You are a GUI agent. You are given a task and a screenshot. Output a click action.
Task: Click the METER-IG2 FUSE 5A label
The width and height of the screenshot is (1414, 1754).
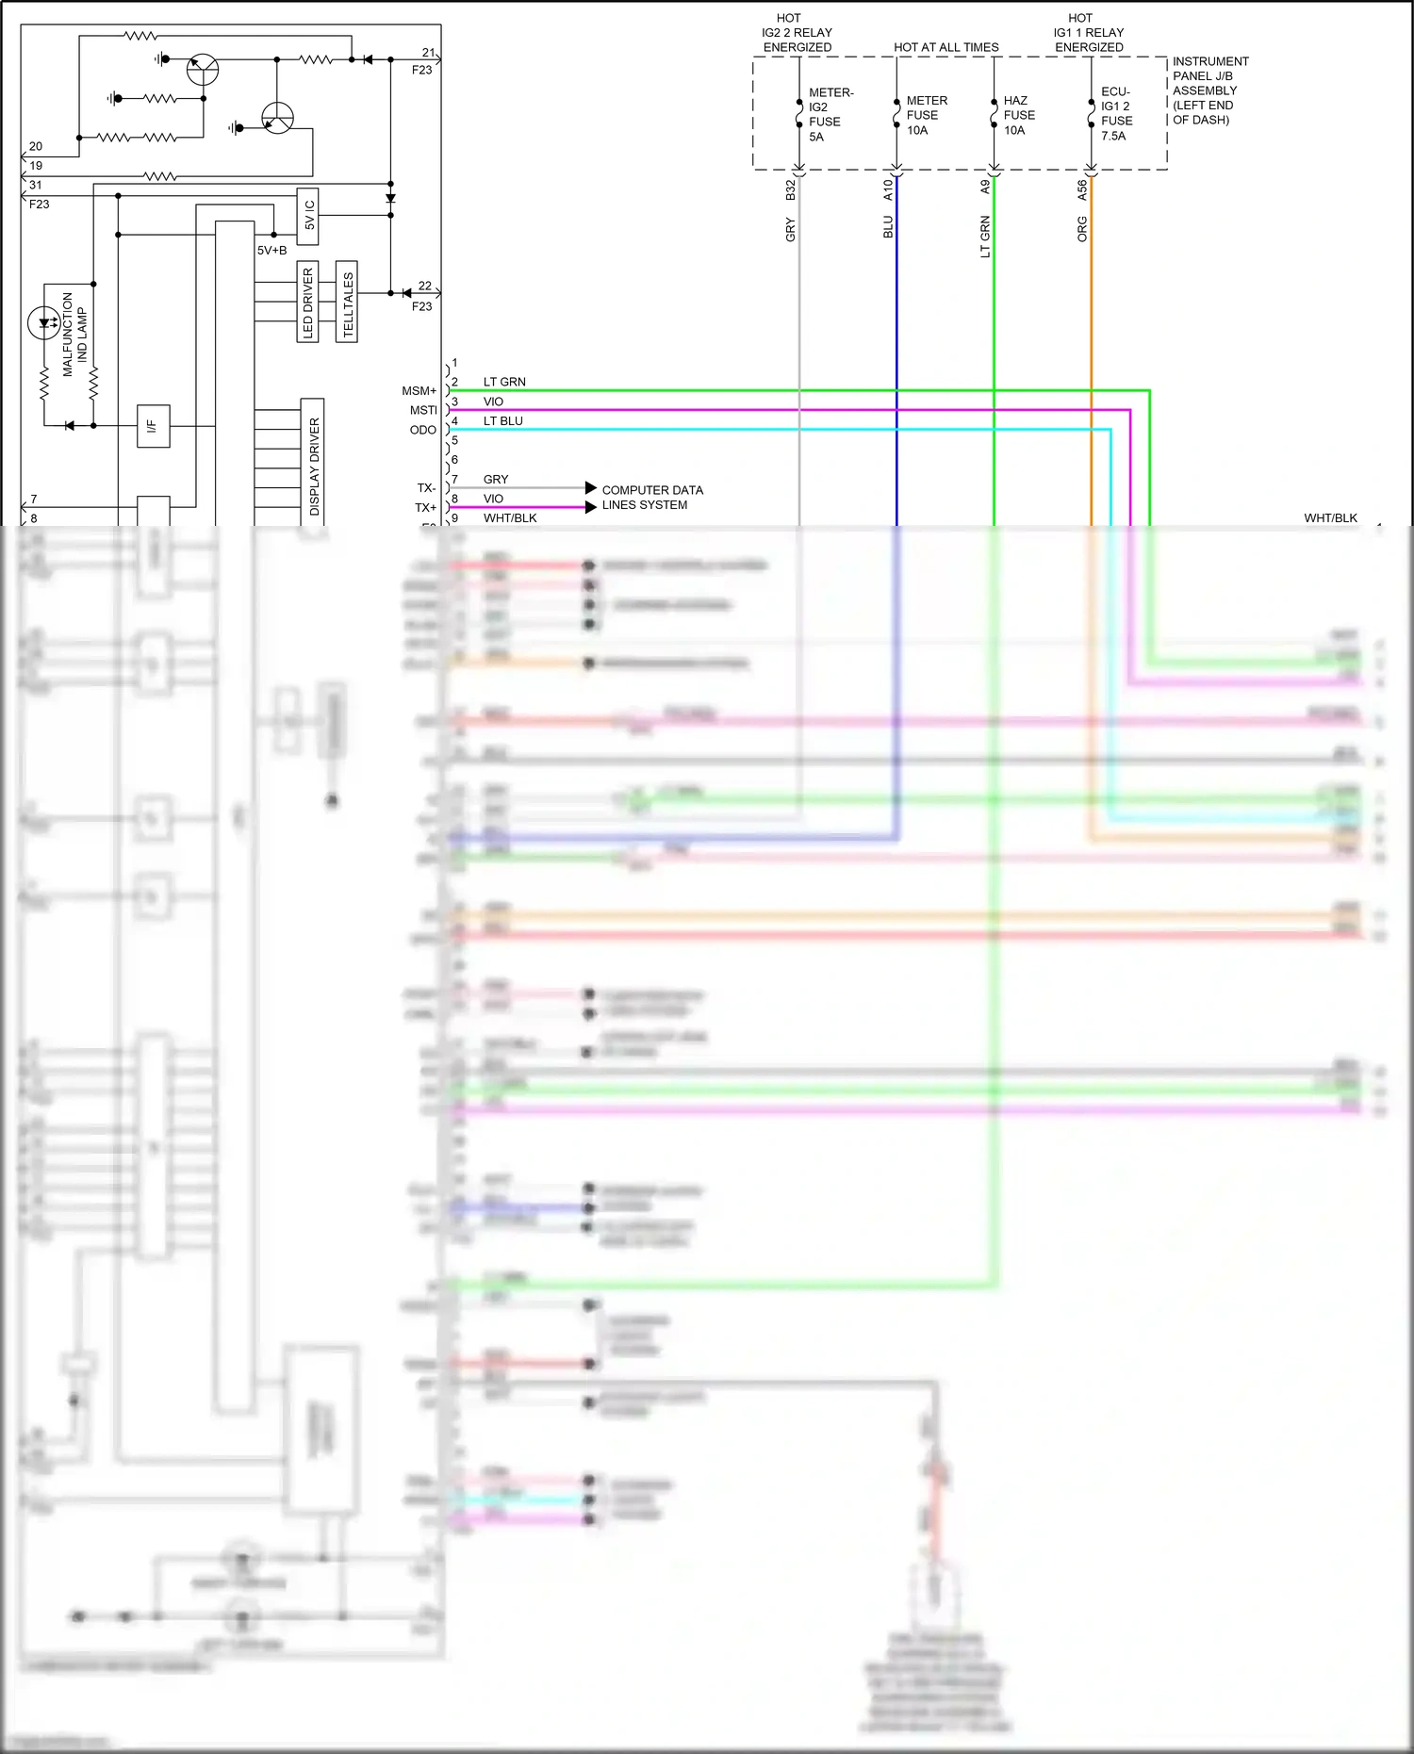click(x=830, y=114)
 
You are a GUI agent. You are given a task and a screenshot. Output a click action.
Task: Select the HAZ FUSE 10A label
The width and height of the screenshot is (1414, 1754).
click(x=1018, y=115)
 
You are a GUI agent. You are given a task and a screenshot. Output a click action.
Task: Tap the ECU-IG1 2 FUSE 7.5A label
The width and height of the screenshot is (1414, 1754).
click(x=1116, y=114)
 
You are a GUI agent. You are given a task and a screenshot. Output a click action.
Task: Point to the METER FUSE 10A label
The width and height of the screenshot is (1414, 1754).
click(x=926, y=115)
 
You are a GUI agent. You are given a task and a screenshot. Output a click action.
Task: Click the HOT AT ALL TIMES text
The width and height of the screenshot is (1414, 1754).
click(x=945, y=47)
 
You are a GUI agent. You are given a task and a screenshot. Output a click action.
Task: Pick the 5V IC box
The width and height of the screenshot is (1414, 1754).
click(x=308, y=216)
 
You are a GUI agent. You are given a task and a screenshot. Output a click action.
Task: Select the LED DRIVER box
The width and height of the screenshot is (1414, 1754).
click(x=307, y=302)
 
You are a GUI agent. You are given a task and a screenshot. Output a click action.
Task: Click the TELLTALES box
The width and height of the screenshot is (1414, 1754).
click(x=347, y=302)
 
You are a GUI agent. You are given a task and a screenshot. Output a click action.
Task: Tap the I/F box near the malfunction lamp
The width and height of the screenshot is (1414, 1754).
click(x=153, y=426)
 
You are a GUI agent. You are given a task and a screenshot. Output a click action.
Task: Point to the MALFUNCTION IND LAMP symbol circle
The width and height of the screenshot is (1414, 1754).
click(x=44, y=322)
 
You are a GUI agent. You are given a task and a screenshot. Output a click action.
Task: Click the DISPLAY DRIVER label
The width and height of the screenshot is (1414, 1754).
click(x=313, y=466)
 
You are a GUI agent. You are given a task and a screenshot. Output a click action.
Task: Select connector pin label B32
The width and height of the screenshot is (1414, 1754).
click(x=790, y=189)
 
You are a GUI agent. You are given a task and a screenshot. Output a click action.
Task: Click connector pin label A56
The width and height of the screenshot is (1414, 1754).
click(x=1081, y=189)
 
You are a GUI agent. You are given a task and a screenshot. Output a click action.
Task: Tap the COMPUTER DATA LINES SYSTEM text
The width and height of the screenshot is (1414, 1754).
click(x=651, y=498)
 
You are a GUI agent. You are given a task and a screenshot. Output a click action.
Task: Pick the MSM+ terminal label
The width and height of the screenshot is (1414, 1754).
click(x=419, y=390)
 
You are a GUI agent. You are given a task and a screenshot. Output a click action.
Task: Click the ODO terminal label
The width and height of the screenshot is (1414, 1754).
click(x=422, y=430)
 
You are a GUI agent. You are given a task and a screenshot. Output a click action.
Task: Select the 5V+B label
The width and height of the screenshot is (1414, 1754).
click(x=271, y=251)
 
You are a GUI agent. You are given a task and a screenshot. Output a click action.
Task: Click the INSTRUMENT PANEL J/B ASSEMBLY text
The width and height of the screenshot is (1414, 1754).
click(x=1209, y=90)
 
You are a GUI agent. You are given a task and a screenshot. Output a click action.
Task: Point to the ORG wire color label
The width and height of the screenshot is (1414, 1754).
click(x=1081, y=229)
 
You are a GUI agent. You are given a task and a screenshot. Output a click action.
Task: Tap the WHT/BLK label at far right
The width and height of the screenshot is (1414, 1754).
click(x=1330, y=517)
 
